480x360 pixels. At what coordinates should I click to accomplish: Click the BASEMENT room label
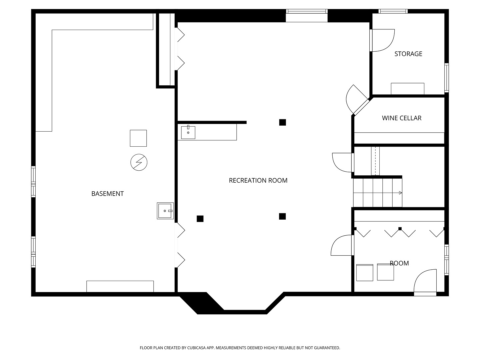[x=107, y=194]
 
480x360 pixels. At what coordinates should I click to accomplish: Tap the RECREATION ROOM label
[x=258, y=181]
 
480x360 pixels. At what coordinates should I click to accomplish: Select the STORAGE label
[x=408, y=54]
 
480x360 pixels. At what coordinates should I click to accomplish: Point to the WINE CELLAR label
[x=401, y=118]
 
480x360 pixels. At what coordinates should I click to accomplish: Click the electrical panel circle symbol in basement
[x=139, y=162]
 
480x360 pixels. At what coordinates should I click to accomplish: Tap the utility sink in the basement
[x=165, y=211]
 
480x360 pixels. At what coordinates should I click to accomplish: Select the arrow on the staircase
[x=400, y=193]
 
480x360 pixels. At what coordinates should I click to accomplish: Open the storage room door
[x=382, y=40]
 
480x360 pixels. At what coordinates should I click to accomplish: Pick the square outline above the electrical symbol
[x=138, y=138]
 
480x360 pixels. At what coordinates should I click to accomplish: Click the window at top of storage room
[x=393, y=11]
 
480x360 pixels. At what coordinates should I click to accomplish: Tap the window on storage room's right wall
[x=447, y=78]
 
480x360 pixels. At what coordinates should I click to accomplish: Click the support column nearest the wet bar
[x=283, y=122]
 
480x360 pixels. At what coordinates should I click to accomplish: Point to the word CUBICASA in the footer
[x=196, y=348]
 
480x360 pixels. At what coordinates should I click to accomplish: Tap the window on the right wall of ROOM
[x=447, y=260]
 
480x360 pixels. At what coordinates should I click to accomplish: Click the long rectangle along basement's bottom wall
[x=120, y=286]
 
